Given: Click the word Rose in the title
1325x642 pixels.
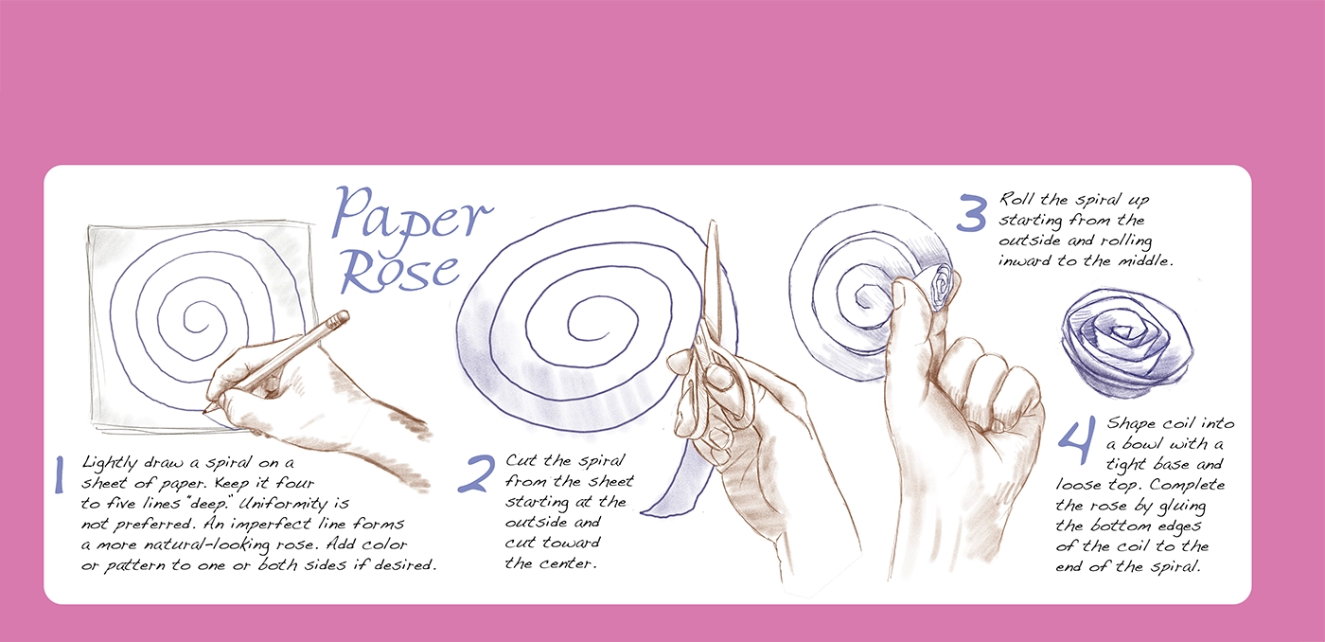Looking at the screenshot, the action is coord(400,272).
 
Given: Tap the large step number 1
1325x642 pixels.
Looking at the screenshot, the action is coord(59,474).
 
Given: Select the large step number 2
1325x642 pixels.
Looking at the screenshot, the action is coord(476,474).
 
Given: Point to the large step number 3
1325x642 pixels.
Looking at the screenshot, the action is coord(972,213).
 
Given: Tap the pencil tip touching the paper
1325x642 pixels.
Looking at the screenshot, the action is coord(204,411).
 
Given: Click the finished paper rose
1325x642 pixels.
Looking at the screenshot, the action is coord(1127,343).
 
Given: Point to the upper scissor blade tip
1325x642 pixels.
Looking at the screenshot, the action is coord(712,223).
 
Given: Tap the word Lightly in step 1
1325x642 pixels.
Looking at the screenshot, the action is coord(109,464).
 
